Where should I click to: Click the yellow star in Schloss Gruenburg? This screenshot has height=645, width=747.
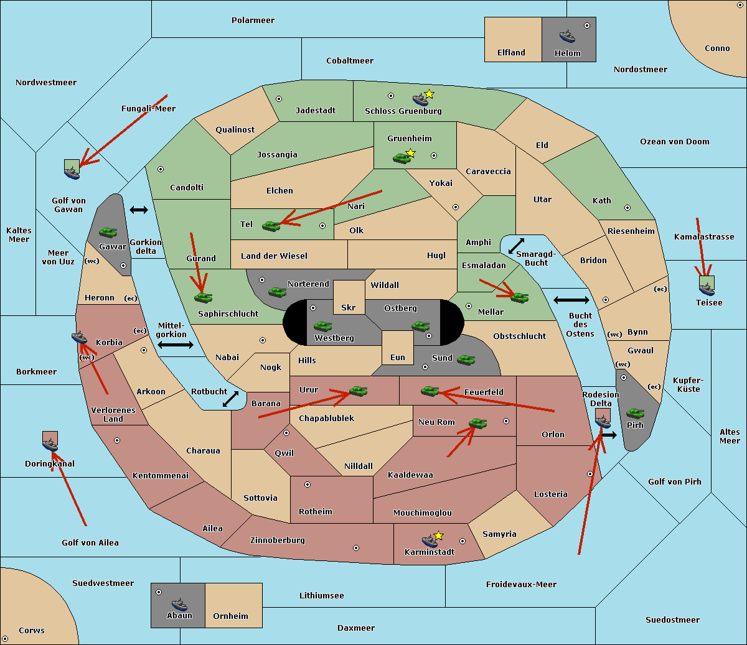click(429, 94)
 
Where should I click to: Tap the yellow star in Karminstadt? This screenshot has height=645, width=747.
click(438, 536)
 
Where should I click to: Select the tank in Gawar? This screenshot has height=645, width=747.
click(108, 232)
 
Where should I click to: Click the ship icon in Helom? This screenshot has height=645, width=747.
click(567, 35)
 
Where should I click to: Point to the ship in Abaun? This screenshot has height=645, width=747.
click(179, 604)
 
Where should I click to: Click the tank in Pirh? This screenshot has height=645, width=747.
click(635, 413)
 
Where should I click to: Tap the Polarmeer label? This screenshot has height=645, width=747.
click(253, 21)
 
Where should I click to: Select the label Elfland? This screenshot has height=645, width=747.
click(511, 53)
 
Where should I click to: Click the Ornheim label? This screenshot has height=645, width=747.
click(230, 616)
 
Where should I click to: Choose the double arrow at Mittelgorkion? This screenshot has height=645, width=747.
click(176, 345)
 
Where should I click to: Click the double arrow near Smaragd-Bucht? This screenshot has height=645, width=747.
click(517, 246)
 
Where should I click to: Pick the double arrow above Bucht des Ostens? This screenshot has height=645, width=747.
click(571, 300)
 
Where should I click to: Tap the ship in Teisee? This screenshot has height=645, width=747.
click(707, 287)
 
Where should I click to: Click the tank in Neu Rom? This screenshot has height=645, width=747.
click(477, 423)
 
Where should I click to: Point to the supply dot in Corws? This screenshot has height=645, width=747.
click(5, 639)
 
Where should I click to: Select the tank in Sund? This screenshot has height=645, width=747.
click(466, 359)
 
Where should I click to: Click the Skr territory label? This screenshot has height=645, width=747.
click(349, 308)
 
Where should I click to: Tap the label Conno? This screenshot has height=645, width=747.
click(717, 49)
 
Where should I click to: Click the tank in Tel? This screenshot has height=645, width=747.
click(271, 226)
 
